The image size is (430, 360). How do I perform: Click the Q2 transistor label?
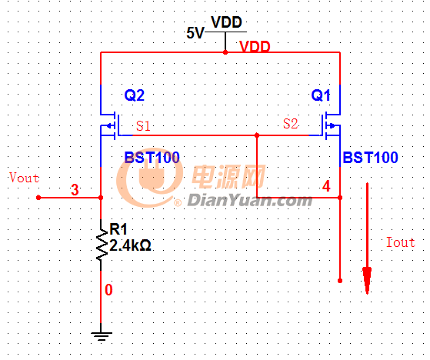pyautogui.click(x=135, y=95)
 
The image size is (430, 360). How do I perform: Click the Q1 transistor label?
pyautogui.click(x=321, y=95)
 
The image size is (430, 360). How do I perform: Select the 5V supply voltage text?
pyautogui.click(x=195, y=33)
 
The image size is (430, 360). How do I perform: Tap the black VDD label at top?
pyautogui.click(x=226, y=22)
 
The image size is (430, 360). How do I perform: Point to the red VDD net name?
pyautogui.click(x=255, y=47)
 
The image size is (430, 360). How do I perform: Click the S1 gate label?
pyautogui.click(x=143, y=126)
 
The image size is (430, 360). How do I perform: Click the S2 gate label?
pyautogui.click(x=291, y=123)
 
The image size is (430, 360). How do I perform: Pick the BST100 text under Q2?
pyautogui.click(x=152, y=158)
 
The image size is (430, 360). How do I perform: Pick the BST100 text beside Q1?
pyautogui.click(x=370, y=158)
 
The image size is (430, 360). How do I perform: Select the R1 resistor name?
pyautogui.click(x=118, y=229)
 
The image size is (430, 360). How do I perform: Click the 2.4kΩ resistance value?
pyautogui.click(x=130, y=245)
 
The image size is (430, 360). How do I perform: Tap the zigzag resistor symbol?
pyautogui.click(x=102, y=245)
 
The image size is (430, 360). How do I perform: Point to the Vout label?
pyautogui.click(x=24, y=178)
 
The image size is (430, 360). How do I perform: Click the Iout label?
pyautogui.click(x=401, y=242)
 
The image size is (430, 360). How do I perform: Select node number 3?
pyautogui.click(x=75, y=190)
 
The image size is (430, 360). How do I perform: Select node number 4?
pyautogui.click(x=326, y=186)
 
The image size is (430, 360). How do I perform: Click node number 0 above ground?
pyautogui.click(x=108, y=290)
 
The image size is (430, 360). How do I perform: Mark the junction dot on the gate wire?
pyautogui.click(x=257, y=135)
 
